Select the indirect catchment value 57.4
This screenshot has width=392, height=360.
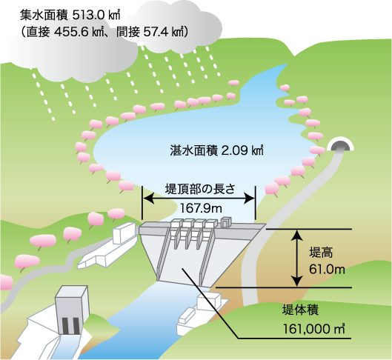[155, 33]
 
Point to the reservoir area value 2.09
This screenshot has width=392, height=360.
[234, 150]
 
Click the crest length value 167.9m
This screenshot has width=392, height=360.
[201, 208]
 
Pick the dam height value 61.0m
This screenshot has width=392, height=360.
[327, 270]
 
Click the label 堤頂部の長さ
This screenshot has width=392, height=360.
[200, 189]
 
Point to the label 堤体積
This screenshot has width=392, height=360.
[300, 310]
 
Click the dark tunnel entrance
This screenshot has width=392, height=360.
[340, 146]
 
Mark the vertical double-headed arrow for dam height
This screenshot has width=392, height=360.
[297, 258]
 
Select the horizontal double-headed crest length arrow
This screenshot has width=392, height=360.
[199, 199]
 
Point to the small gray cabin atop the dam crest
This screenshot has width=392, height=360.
[227, 221]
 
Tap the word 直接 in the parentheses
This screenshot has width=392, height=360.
[38, 33]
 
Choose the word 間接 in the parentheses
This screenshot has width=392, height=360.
[127, 33]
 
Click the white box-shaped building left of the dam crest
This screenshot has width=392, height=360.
[124, 233]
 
